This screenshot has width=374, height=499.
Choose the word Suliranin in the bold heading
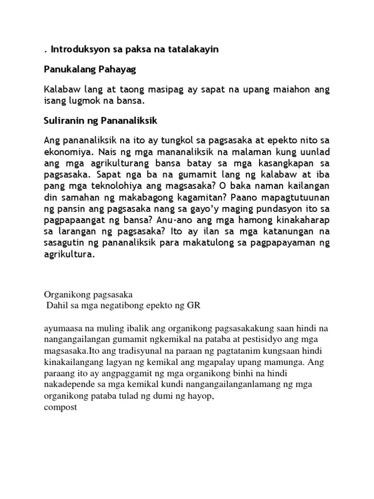(x=64, y=120)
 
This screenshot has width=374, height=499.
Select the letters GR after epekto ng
(x=194, y=306)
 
